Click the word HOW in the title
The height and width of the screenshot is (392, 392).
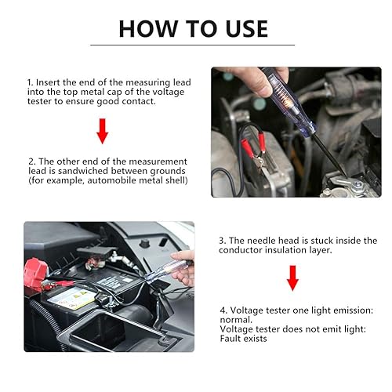(x=148, y=29)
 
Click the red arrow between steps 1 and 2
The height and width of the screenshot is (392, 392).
(x=103, y=131)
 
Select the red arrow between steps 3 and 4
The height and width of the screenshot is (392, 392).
(x=292, y=278)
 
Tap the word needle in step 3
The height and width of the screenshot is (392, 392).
(x=261, y=241)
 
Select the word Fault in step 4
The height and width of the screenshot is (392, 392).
(x=230, y=339)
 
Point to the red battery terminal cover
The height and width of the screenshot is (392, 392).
(x=34, y=274)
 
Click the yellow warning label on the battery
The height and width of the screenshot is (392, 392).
(x=71, y=299)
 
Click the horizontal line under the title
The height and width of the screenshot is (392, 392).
(x=193, y=45)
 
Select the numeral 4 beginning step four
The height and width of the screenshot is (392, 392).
(x=223, y=310)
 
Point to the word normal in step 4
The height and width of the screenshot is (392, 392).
(x=236, y=320)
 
